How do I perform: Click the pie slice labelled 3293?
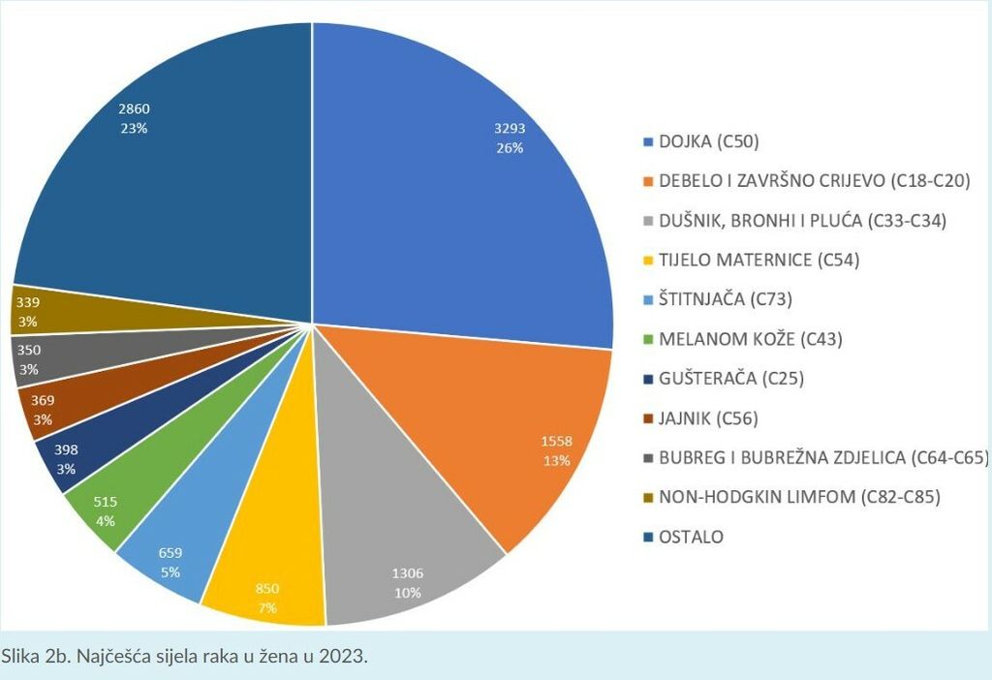pos(455,184)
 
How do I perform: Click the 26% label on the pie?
pos(511,148)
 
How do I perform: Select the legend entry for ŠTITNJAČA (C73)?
pos(726,299)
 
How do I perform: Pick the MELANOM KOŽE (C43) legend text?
pos(751,339)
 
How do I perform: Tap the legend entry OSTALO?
pos(691,537)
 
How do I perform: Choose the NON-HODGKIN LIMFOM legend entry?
pos(799,497)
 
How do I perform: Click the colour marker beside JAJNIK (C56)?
pos(648,418)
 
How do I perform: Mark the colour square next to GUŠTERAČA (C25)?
pos(648,379)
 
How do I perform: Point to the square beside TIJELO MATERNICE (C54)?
pos(648,261)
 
